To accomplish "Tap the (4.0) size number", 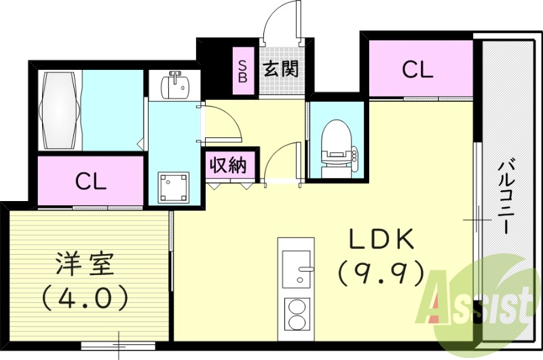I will point(86,295).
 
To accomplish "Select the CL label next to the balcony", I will point(417,69).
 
